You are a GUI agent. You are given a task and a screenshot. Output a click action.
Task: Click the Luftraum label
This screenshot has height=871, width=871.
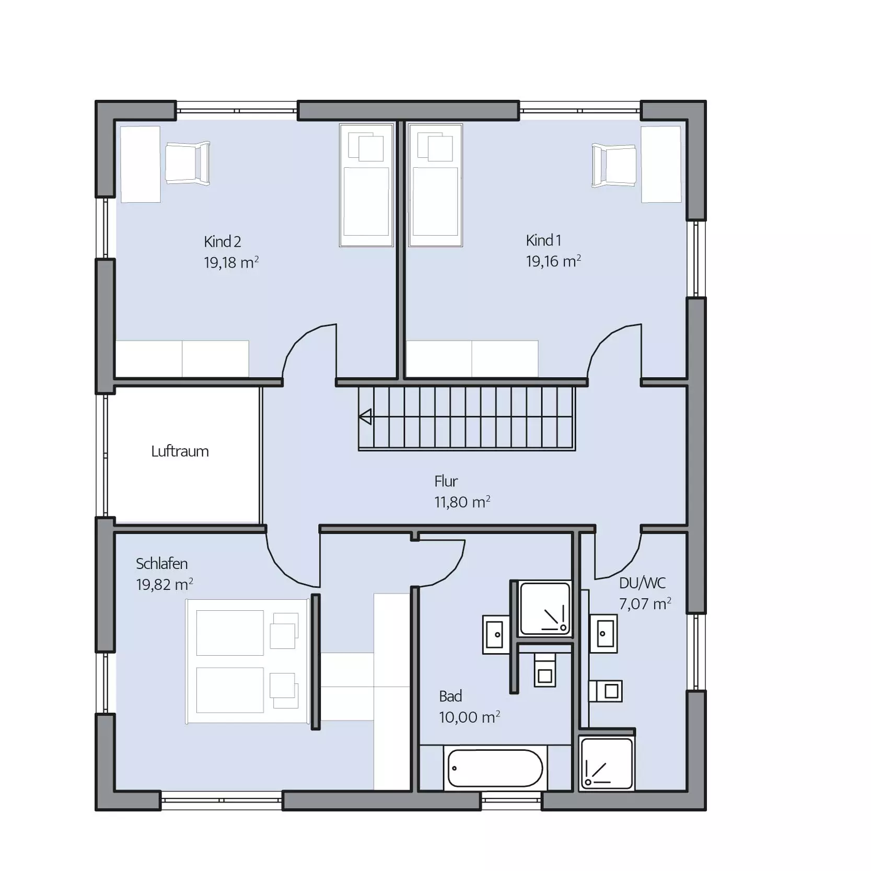[180, 451]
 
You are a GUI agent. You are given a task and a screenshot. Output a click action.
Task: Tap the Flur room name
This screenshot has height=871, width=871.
[446, 481]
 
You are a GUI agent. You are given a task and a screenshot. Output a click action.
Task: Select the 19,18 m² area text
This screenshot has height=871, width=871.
[231, 262]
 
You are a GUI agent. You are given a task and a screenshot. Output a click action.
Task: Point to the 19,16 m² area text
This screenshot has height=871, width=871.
[553, 261]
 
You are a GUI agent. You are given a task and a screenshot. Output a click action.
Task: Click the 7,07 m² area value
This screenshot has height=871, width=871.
[645, 603]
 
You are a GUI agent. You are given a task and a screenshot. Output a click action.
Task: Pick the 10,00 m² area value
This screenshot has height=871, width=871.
[469, 717]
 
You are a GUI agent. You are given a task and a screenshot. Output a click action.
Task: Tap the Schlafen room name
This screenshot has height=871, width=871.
[161, 563]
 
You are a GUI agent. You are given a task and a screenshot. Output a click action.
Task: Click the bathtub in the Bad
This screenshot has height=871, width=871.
[495, 768]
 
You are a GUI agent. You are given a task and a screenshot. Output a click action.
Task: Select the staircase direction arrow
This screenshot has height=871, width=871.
[365, 417]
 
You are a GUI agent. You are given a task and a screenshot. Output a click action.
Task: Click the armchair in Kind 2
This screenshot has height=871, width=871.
[188, 163]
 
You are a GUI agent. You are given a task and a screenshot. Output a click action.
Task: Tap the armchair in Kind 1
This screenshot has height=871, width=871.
[614, 165]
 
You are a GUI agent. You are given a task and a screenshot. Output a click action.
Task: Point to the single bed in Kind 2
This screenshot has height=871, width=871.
[366, 185]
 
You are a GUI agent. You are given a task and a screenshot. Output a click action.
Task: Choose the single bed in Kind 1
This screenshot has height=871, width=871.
[435, 185]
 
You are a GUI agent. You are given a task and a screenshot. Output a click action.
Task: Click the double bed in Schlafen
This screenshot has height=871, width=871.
[248, 661]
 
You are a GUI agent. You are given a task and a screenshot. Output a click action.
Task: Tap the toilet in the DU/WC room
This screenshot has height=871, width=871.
[606, 691]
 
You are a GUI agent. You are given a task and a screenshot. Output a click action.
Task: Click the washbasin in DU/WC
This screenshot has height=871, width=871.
[603, 633]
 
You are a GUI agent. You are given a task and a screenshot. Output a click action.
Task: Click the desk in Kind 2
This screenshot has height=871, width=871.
[140, 164]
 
